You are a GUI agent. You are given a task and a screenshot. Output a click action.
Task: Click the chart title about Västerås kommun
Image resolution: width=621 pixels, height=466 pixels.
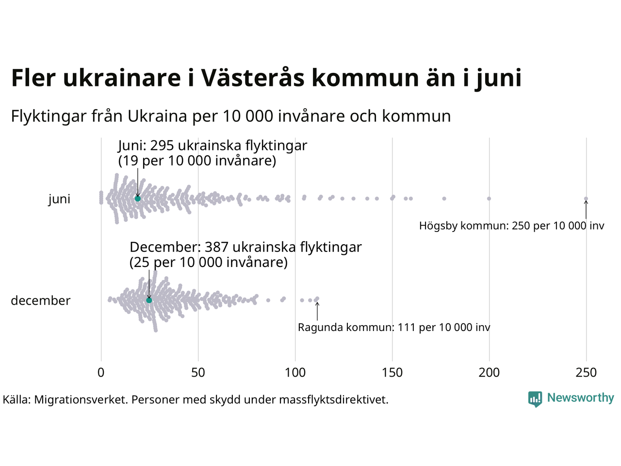[266, 78]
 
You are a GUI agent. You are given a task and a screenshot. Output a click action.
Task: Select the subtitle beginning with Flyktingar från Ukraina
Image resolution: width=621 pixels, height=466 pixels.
[231, 116]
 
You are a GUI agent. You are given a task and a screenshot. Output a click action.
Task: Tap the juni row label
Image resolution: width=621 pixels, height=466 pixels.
[59, 199]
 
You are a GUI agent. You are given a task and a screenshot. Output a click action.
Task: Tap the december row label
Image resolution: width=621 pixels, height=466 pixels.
[41, 300]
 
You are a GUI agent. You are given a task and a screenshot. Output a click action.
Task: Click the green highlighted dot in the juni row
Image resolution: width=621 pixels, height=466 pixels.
[138, 199]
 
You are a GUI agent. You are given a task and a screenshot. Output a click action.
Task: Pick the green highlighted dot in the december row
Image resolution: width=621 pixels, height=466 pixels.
[149, 300]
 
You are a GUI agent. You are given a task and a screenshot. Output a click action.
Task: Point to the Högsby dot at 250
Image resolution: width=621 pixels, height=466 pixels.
[586, 199]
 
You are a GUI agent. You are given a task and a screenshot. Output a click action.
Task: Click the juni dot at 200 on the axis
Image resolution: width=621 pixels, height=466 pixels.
[489, 199]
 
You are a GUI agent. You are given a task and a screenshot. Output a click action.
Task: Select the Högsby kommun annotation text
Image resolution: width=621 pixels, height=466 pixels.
[512, 226]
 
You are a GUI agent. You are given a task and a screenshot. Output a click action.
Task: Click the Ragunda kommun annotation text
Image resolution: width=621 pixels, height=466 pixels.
[394, 328]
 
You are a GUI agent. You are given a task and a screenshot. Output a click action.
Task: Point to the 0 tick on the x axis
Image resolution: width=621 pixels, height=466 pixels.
[101, 373]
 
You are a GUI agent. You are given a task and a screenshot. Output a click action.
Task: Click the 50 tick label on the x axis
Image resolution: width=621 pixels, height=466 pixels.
[198, 373]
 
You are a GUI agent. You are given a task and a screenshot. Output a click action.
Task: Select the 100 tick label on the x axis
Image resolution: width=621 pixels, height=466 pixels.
[295, 373]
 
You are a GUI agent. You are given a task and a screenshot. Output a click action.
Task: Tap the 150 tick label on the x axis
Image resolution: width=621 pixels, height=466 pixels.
[392, 373]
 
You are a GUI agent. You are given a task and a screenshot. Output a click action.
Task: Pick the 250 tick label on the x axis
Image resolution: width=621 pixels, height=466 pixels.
[586, 373]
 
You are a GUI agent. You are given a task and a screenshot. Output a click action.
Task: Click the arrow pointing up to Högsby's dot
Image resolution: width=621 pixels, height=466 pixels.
[586, 210]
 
